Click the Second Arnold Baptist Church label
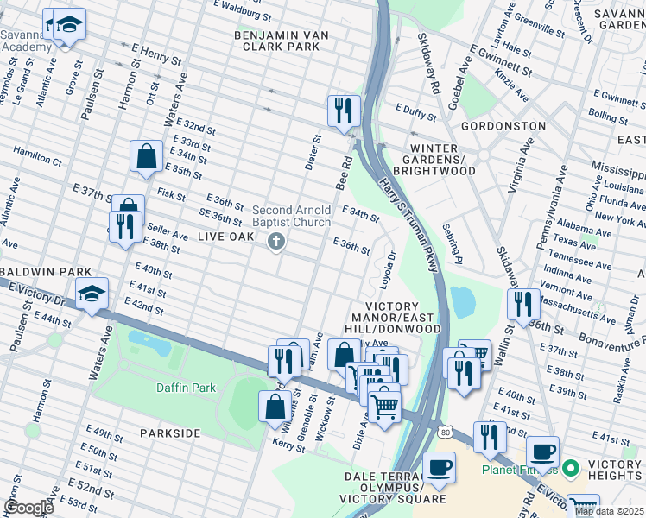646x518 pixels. pos(291,216)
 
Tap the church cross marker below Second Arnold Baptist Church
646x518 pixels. pos(276,242)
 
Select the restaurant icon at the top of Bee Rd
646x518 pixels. pos(344,111)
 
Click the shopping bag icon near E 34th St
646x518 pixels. pos(146,156)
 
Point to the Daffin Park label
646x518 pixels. pos(186,388)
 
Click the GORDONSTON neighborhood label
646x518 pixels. pos(503,126)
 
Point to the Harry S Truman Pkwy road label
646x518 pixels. pos(408,224)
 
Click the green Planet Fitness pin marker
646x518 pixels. pos(569,471)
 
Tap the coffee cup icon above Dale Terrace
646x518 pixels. pos(439,467)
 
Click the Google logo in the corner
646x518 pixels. pos(28,508)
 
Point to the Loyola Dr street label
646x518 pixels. pos(386,270)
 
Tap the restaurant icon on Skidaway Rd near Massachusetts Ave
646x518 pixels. pos(524,305)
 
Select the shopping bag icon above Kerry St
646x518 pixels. pos(275,405)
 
